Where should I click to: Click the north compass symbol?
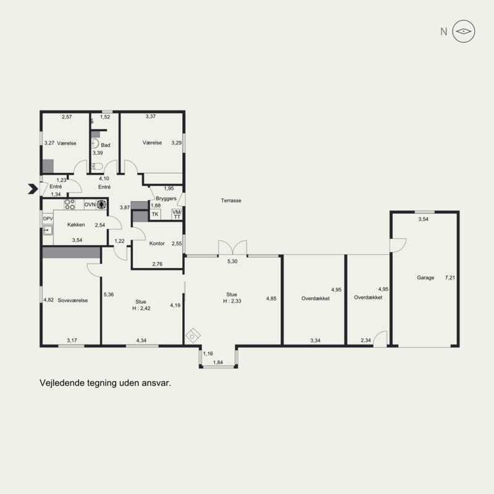pos(464,31)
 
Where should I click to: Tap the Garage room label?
pos(425,277)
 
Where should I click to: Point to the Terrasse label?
pos(231,200)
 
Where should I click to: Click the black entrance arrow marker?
pos(33,189)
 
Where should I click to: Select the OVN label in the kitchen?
pos(90,204)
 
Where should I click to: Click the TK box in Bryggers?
pos(155,214)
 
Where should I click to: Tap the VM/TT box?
pos(177,214)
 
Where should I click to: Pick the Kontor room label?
pos(157,243)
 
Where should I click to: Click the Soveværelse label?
pos(73,300)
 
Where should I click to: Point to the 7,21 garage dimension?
pos(450,277)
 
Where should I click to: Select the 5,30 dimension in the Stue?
pos(233,261)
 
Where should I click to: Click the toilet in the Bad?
pos(97,166)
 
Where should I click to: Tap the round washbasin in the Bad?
pos(95,144)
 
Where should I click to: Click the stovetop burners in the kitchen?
pos(69,204)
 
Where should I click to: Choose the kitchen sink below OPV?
pos(48,230)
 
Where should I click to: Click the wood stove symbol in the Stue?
pos(193,335)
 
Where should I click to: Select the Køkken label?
pos(76,225)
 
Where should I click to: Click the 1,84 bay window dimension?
pos(218,362)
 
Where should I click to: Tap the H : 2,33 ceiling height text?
pos(232,301)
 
